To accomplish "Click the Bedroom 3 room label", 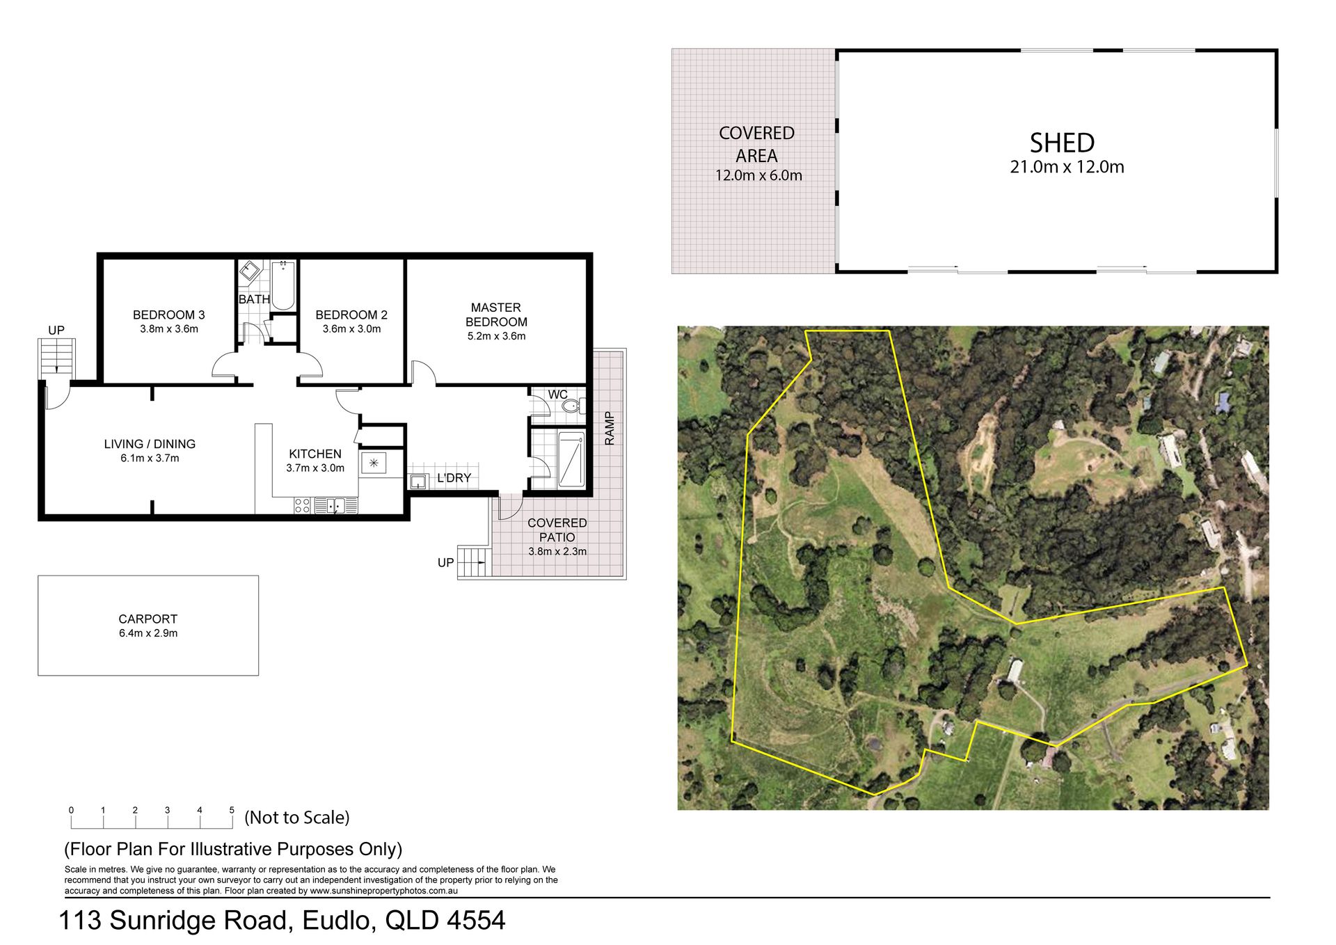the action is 169,315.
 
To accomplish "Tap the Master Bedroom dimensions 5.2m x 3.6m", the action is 496,336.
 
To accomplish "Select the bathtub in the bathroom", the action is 283,285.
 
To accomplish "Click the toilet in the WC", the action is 572,406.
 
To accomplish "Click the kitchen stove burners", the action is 302,506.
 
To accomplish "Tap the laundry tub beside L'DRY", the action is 419,482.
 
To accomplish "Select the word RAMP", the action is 610,429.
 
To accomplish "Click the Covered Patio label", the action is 557,530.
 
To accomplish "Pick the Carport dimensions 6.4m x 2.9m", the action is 148,633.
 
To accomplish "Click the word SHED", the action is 1062,143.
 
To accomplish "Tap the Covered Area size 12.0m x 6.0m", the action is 758,175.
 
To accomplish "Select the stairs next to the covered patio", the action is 474,561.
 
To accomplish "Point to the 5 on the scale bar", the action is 232,810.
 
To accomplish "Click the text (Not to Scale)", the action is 297,817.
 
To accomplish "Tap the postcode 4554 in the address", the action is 476,921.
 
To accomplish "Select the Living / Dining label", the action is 150,444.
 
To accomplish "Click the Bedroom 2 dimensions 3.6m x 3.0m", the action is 351,329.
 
